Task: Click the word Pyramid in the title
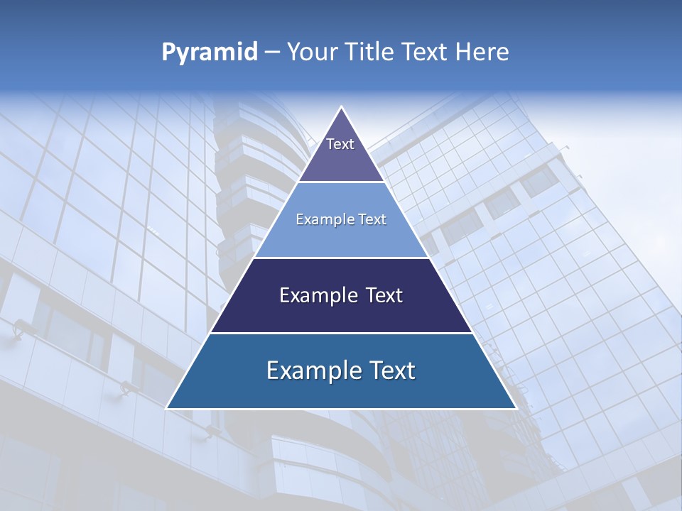[210, 53]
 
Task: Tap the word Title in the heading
[373, 53]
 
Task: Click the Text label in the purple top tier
[340, 144]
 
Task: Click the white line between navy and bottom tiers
[341, 333]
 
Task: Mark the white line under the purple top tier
[341, 182]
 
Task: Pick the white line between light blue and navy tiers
[341, 258]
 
